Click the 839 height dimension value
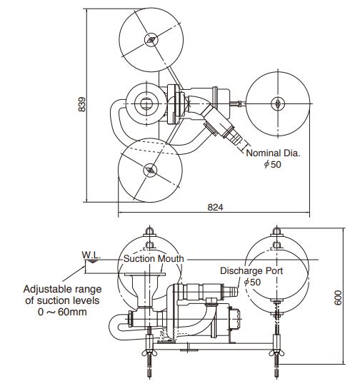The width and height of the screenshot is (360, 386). pos(82,104)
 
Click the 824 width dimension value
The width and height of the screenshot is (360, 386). pos(215,208)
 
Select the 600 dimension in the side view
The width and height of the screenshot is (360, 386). pos(338,298)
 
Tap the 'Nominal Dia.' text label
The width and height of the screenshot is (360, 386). pos(273,153)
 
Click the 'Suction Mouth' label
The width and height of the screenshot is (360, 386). pos(154,258)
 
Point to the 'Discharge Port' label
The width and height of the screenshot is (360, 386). pos(251,271)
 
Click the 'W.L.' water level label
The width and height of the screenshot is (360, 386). pos(91,255)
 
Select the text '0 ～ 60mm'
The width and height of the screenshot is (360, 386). pos(62,312)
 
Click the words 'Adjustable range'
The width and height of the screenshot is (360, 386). pos(62,289)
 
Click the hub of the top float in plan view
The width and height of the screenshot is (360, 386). pos(151,40)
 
